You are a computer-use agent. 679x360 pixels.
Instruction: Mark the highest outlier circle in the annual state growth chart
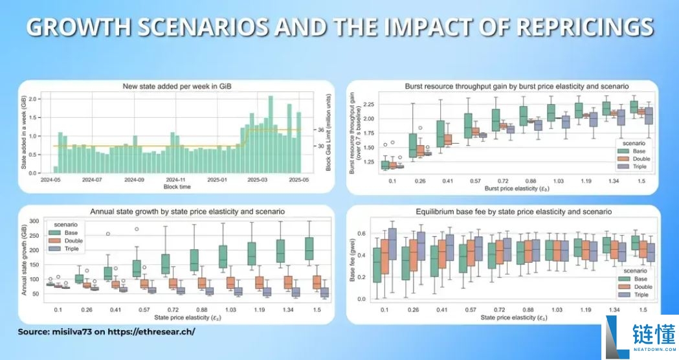[x=136, y=229]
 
